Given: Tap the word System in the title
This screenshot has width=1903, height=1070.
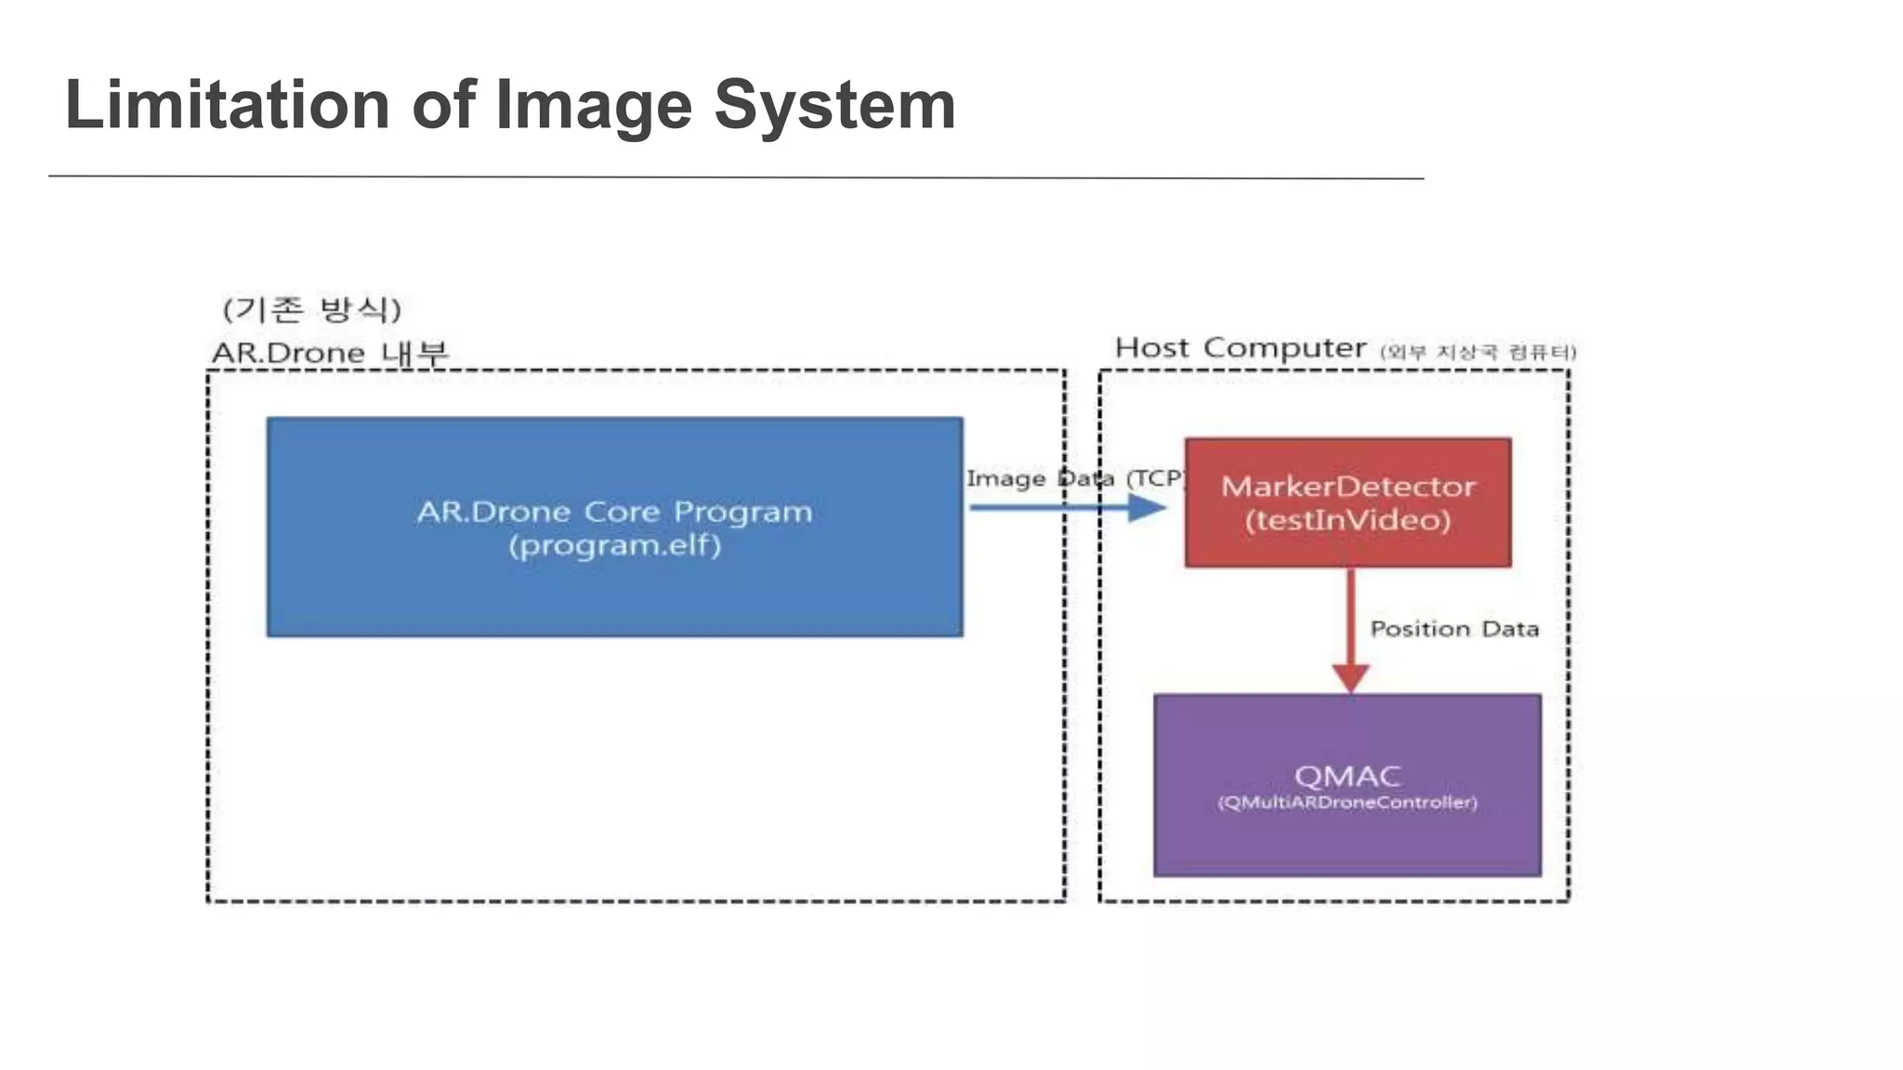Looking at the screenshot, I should click(834, 105).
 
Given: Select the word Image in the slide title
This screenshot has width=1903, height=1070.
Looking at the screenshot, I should click(594, 105).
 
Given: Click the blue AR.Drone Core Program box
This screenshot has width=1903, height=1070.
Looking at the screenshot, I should click(614, 594).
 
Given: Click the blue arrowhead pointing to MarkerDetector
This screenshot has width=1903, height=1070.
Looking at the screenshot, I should click(1147, 507).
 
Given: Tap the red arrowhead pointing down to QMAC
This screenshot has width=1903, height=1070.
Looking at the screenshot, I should click(1350, 677).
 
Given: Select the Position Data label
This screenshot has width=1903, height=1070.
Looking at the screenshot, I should click(1454, 629).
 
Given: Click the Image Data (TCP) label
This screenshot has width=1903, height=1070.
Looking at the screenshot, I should click(1075, 478).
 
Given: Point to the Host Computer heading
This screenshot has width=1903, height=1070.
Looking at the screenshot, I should click(1240, 347).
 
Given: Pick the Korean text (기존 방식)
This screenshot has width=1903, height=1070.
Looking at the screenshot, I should click(312, 308).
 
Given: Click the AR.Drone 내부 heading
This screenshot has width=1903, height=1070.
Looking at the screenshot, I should click(330, 353).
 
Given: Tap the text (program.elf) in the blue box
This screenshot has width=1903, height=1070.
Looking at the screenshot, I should click(614, 545).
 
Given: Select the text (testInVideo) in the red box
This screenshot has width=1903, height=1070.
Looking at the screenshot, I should click(1347, 520).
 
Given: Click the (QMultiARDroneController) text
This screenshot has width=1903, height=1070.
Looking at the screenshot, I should click(1347, 802).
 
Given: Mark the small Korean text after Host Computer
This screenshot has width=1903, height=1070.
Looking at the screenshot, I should click(1477, 352).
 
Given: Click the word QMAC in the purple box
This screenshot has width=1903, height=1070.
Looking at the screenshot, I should click(1347, 776).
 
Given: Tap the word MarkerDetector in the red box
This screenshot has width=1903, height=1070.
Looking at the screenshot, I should click(1347, 486).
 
